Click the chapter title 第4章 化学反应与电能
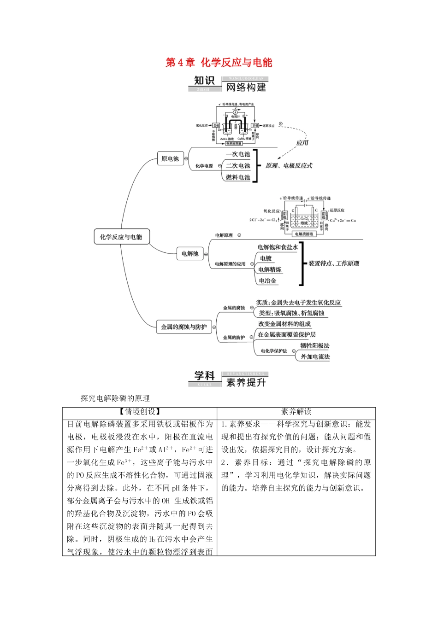point(219,63)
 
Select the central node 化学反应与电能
point(121,237)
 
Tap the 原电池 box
point(170,159)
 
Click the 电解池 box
point(189,253)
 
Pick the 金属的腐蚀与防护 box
point(183,327)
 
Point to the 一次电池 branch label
point(238,154)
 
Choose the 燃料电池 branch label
point(238,177)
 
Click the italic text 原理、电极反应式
point(289,166)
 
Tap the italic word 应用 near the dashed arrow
point(302,143)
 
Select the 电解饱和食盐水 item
point(278,247)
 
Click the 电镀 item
point(266,258)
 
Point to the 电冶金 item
point(267,280)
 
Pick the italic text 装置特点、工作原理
point(333,263)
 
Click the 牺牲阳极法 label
point(315,345)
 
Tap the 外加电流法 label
point(315,356)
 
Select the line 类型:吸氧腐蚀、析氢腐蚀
point(291,313)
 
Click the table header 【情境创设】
point(139,412)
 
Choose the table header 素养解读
point(296,412)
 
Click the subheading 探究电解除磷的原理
point(115,398)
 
